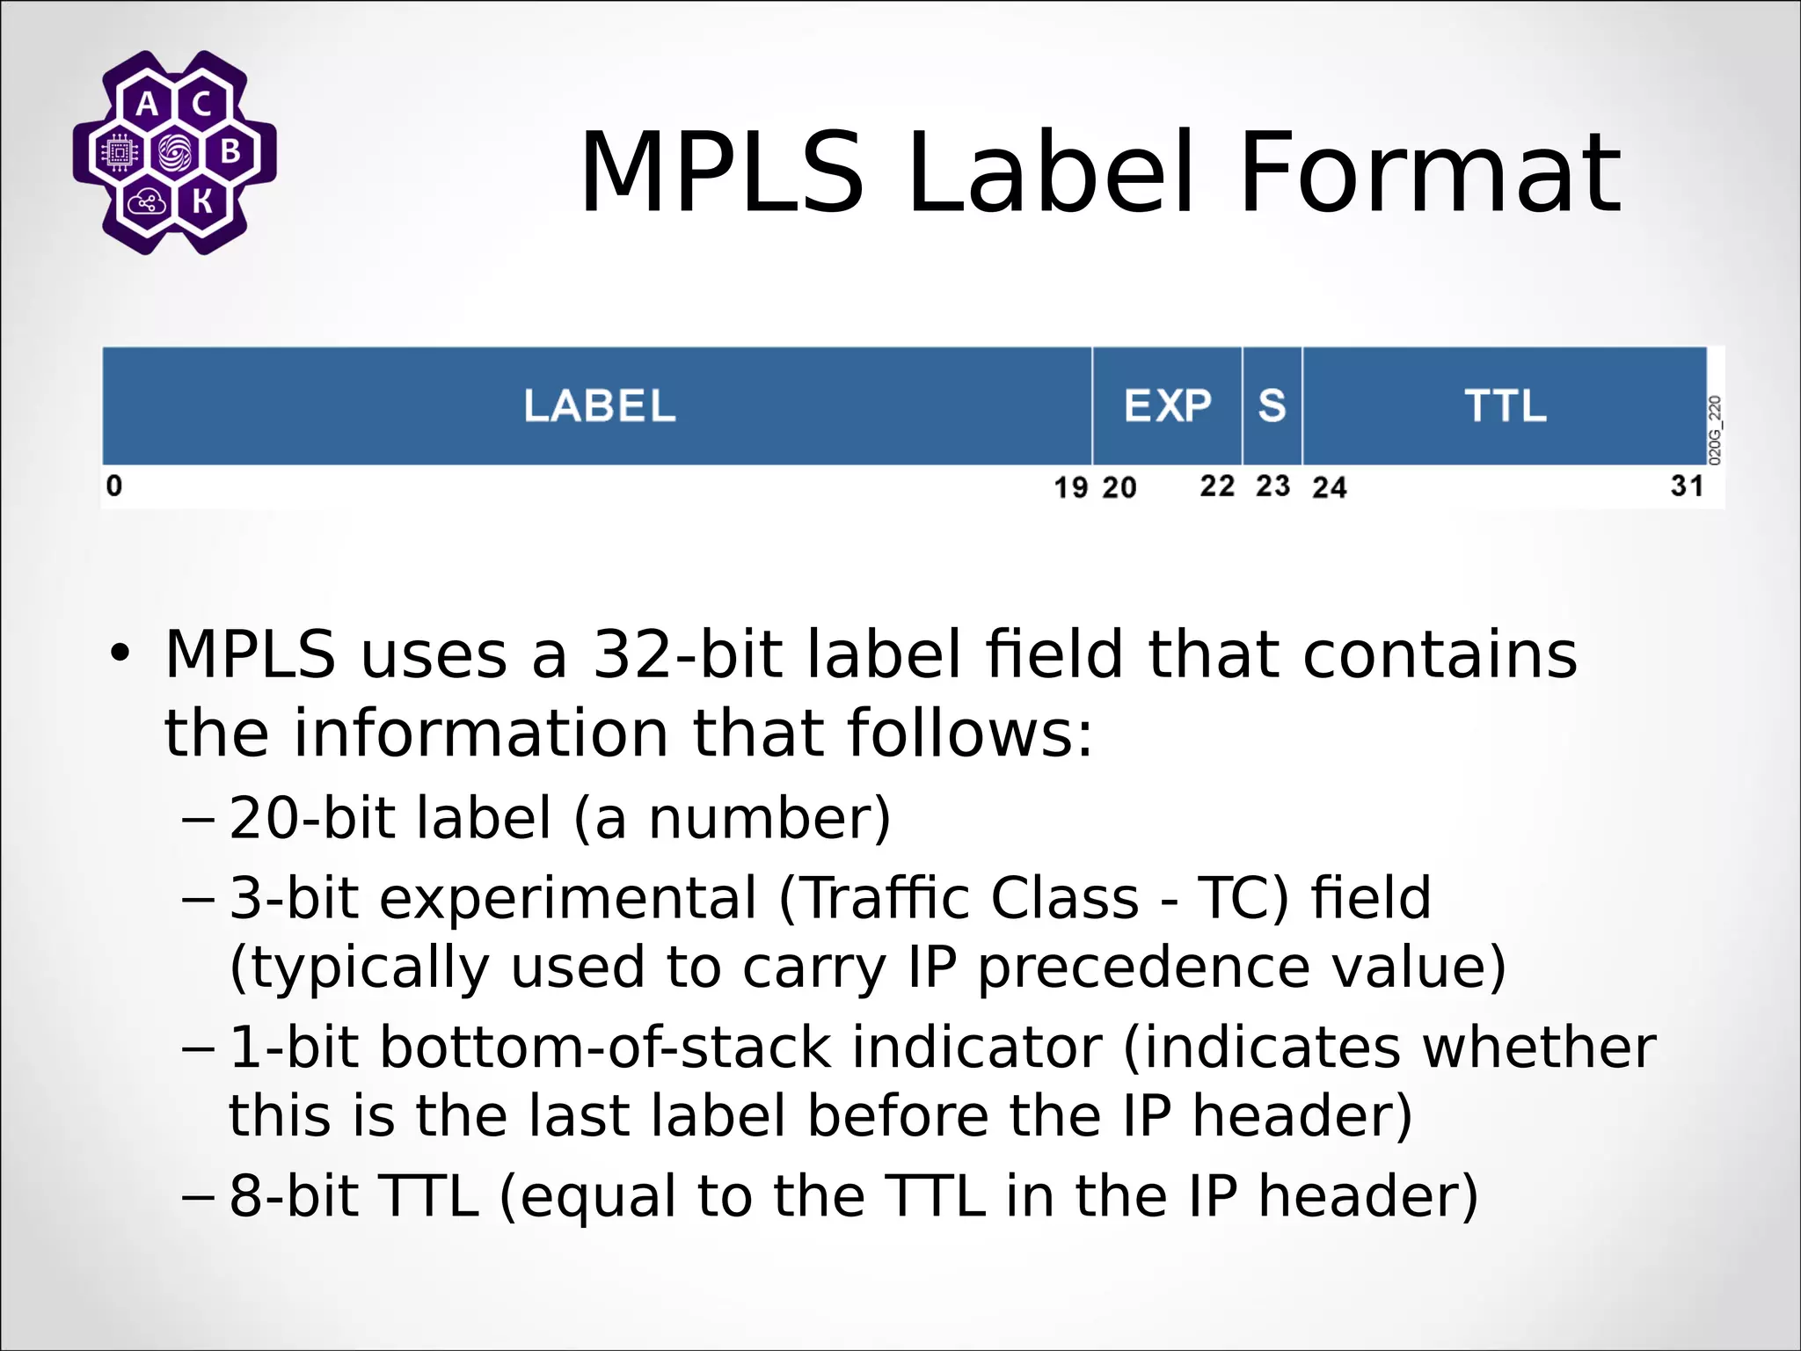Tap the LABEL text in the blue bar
[x=600, y=405]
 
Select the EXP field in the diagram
[x=1167, y=405]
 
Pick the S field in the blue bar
[x=1272, y=405]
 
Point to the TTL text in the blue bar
[x=1506, y=405]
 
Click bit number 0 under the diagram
[x=114, y=486]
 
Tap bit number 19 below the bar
[x=1070, y=487]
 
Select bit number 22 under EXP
[x=1217, y=486]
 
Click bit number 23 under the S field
[x=1272, y=486]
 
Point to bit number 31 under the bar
[x=1687, y=486]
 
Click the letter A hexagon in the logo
[x=148, y=105]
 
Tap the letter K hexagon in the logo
[x=202, y=202]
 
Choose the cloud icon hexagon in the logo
[x=147, y=202]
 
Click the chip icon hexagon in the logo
[x=120, y=153]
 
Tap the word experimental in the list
[x=568, y=899]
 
